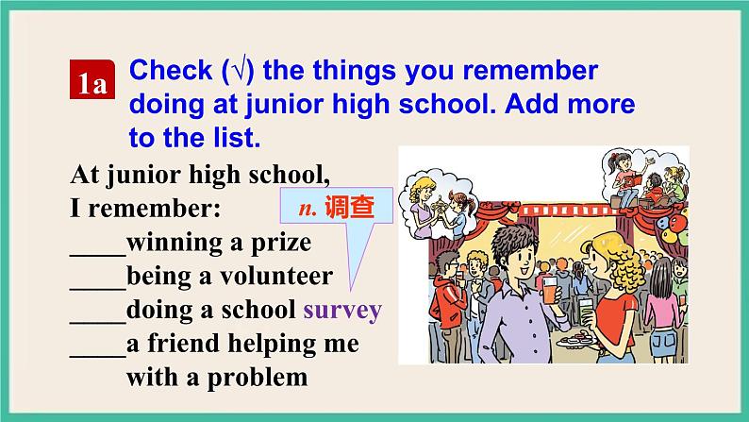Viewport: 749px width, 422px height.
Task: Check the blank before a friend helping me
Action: point(97,349)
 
